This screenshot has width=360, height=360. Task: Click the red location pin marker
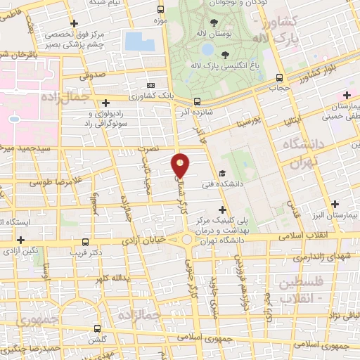181,165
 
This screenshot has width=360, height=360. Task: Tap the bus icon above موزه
162,9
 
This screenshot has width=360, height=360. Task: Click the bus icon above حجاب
280,77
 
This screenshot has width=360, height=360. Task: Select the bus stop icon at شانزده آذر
197,101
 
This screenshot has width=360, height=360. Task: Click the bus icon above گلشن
98,328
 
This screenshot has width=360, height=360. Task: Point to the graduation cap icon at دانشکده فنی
222,173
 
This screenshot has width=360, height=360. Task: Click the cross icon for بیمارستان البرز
335,205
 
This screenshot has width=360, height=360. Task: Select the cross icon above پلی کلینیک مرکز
224,209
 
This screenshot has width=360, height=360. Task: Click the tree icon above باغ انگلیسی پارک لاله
225,54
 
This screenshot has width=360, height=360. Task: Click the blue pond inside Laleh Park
207,50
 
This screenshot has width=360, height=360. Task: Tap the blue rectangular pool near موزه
139,41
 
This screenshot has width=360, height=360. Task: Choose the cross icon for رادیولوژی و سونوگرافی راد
104,103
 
